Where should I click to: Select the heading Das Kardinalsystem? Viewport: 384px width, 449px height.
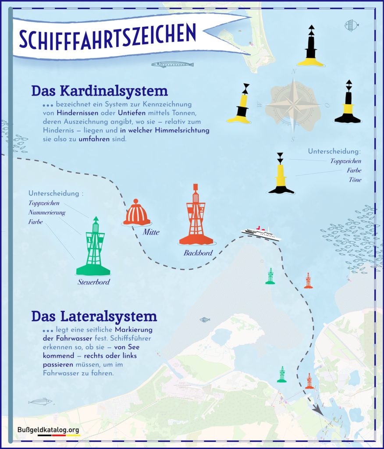[100, 91]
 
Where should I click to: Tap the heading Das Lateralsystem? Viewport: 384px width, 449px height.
[94, 316]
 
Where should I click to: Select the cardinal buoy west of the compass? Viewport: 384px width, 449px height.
[240, 104]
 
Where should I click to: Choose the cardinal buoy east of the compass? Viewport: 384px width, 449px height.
[348, 103]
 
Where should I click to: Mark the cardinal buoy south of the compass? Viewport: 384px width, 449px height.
[281, 174]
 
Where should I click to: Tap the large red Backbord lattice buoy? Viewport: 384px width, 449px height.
[196, 217]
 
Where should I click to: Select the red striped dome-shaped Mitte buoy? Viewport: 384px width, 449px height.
[137, 213]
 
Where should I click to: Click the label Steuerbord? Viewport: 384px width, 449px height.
[94, 282]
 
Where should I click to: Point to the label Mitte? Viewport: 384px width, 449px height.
[150, 232]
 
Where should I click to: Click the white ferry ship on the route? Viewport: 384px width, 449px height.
[261, 233]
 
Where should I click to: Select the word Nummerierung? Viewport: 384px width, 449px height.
[47, 213]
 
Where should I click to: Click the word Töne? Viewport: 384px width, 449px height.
[355, 180]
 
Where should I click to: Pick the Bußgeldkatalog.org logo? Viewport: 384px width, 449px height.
[49, 431]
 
